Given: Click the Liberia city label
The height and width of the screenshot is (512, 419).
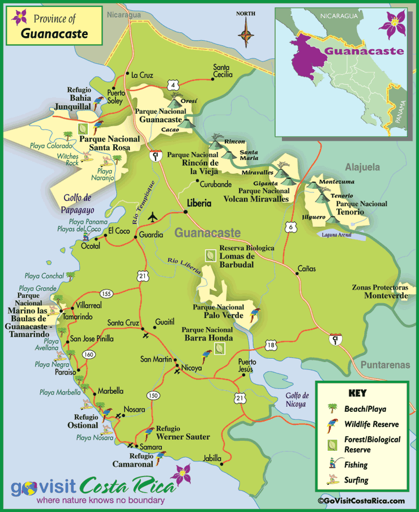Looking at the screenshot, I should click(199, 203).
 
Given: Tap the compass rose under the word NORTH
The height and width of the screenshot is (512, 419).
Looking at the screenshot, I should click(246, 33).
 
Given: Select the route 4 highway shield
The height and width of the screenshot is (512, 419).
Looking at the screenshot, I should click(172, 84).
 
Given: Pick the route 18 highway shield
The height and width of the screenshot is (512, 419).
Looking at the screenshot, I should click(271, 345).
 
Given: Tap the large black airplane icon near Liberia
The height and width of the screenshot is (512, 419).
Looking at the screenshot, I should click(152, 218).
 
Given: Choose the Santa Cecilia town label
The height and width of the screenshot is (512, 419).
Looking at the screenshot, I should click(223, 71).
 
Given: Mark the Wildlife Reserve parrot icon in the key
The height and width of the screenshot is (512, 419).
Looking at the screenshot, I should click(331, 424).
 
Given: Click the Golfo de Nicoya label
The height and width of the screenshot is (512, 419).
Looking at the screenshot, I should click(297, 400).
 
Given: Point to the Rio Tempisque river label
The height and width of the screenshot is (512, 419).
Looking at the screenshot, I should click(144, 196).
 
